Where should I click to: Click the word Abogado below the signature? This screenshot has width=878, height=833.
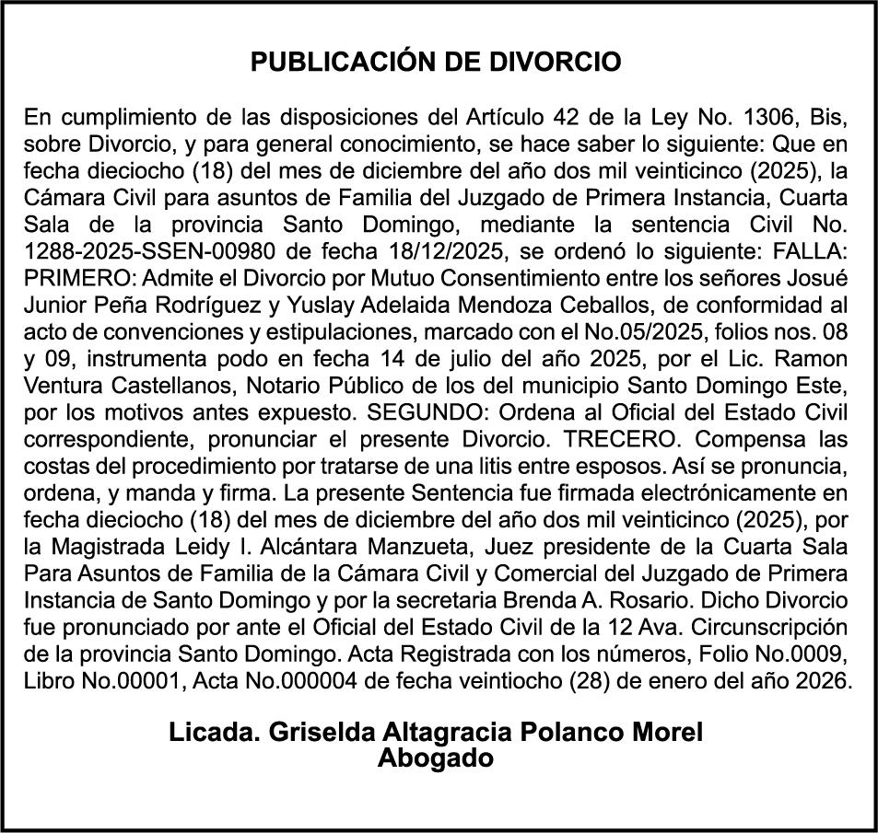pyautogui.click(x=437, y=758)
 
